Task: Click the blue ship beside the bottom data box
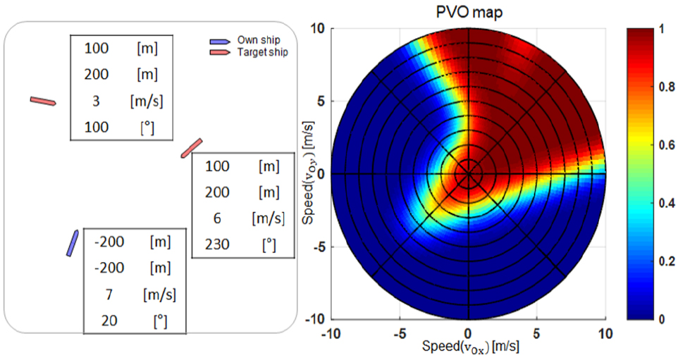pyautogui.click(x=72, y=242)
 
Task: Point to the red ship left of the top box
pyautogui.click(x=43, y=101)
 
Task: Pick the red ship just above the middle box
pyautogui.click(x=192, y=148)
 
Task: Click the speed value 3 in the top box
pyautogui.click(x=96, y=101)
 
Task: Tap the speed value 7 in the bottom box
pyautogui.click(x=109, y=293)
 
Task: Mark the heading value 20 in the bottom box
pyautogui.click(x=109, y=319)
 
